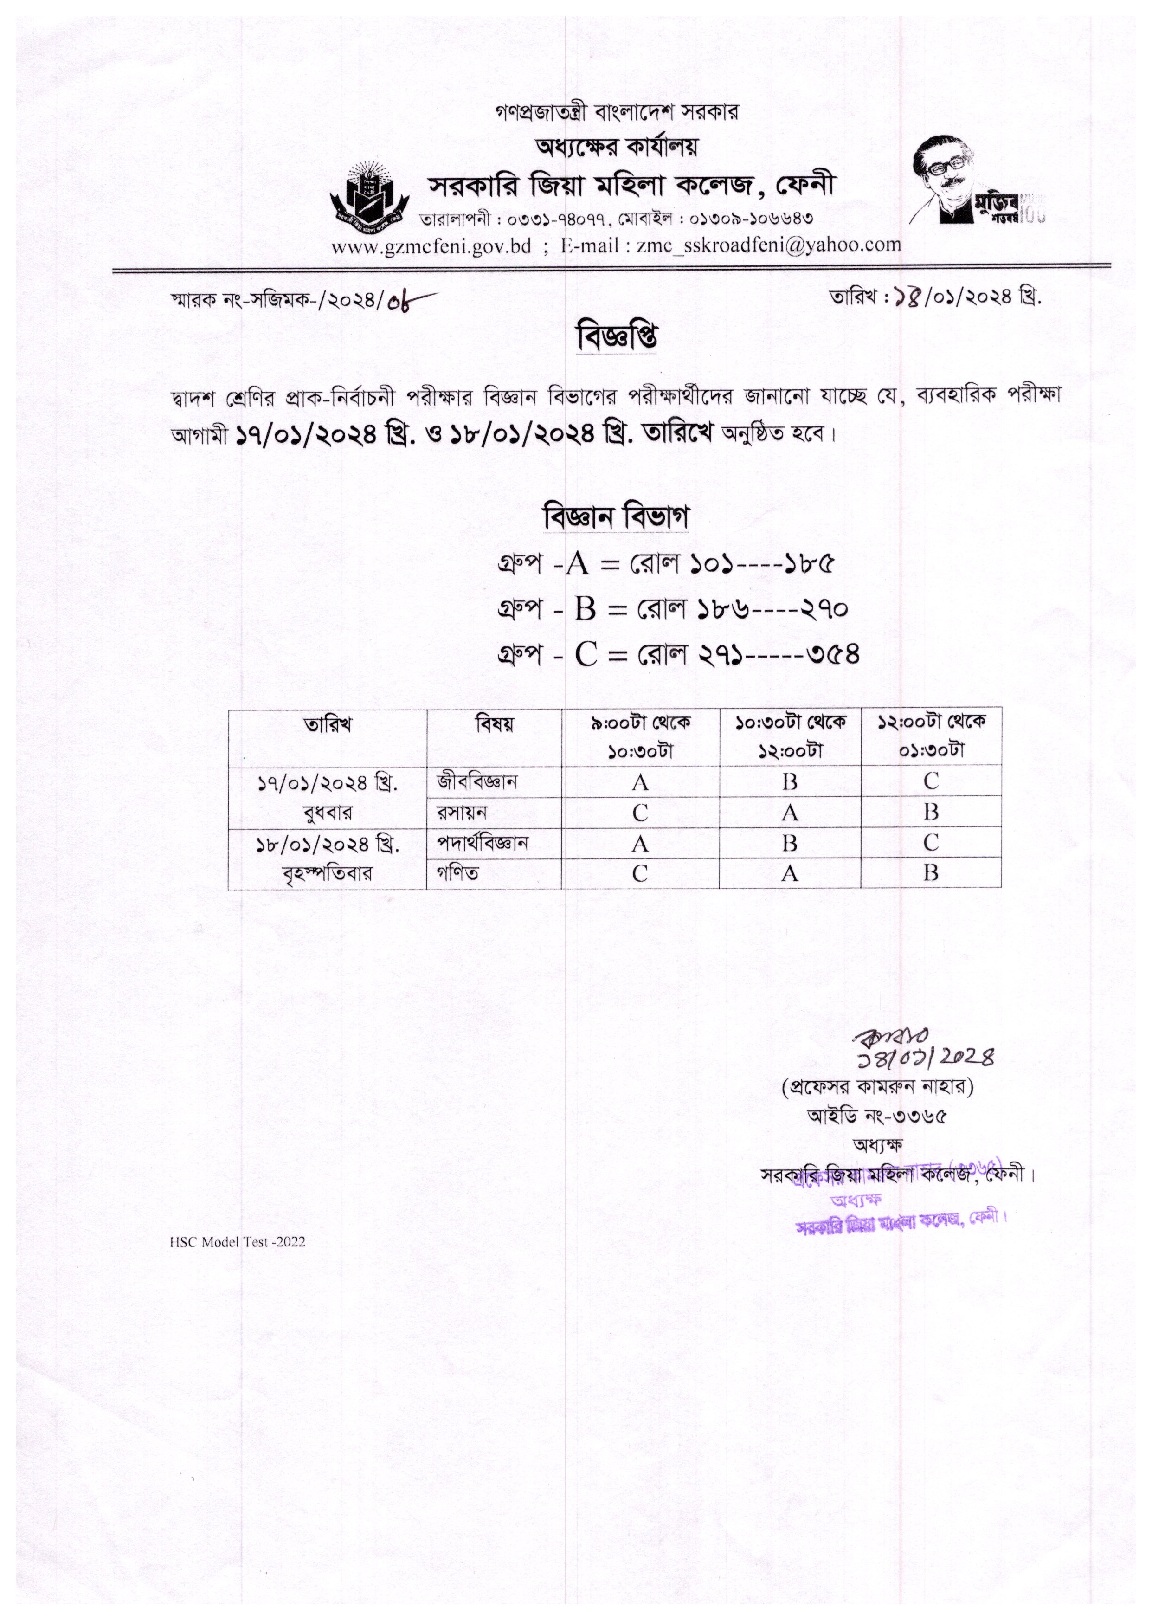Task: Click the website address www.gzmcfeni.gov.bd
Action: click(431, 246)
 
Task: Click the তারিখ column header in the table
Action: click(328, 724)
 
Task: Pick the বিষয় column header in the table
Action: click(495, 724)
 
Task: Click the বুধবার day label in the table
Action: click(327, 812)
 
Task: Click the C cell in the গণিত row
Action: click(640, 873)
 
